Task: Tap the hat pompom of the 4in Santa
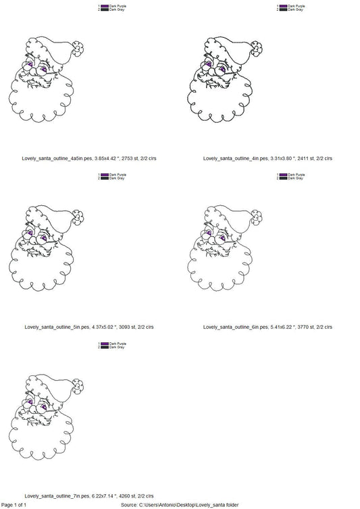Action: click(259, 48)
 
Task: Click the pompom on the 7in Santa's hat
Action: click(80, 385)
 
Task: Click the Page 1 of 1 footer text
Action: click(14, 504)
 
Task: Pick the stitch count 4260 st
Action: click(125, 495)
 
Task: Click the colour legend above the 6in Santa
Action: click(290, 176)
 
